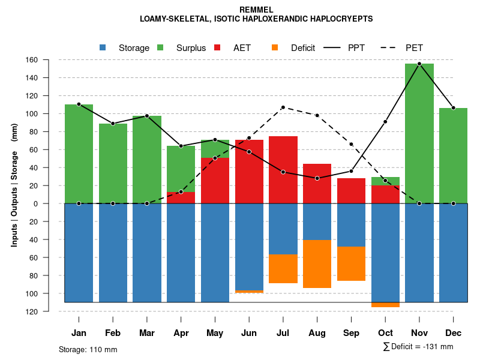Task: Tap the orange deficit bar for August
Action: [317, 263]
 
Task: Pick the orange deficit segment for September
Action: [351, 263]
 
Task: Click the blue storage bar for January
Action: [79, 252]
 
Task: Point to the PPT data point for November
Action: [419, 64]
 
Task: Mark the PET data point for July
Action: [283, 107]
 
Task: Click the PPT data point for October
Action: [385, 122]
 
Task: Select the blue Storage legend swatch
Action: [103, 48]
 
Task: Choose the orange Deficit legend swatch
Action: [275, 48]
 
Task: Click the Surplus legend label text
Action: [191, 48]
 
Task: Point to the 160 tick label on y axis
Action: [49, 60]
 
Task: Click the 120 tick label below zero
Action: [49, 311]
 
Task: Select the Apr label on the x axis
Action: [181, 333]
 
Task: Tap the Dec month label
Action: [453, 333]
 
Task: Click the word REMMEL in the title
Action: [256, 10]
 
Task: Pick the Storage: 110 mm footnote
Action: [88, 349]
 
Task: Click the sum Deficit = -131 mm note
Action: [418, 347]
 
